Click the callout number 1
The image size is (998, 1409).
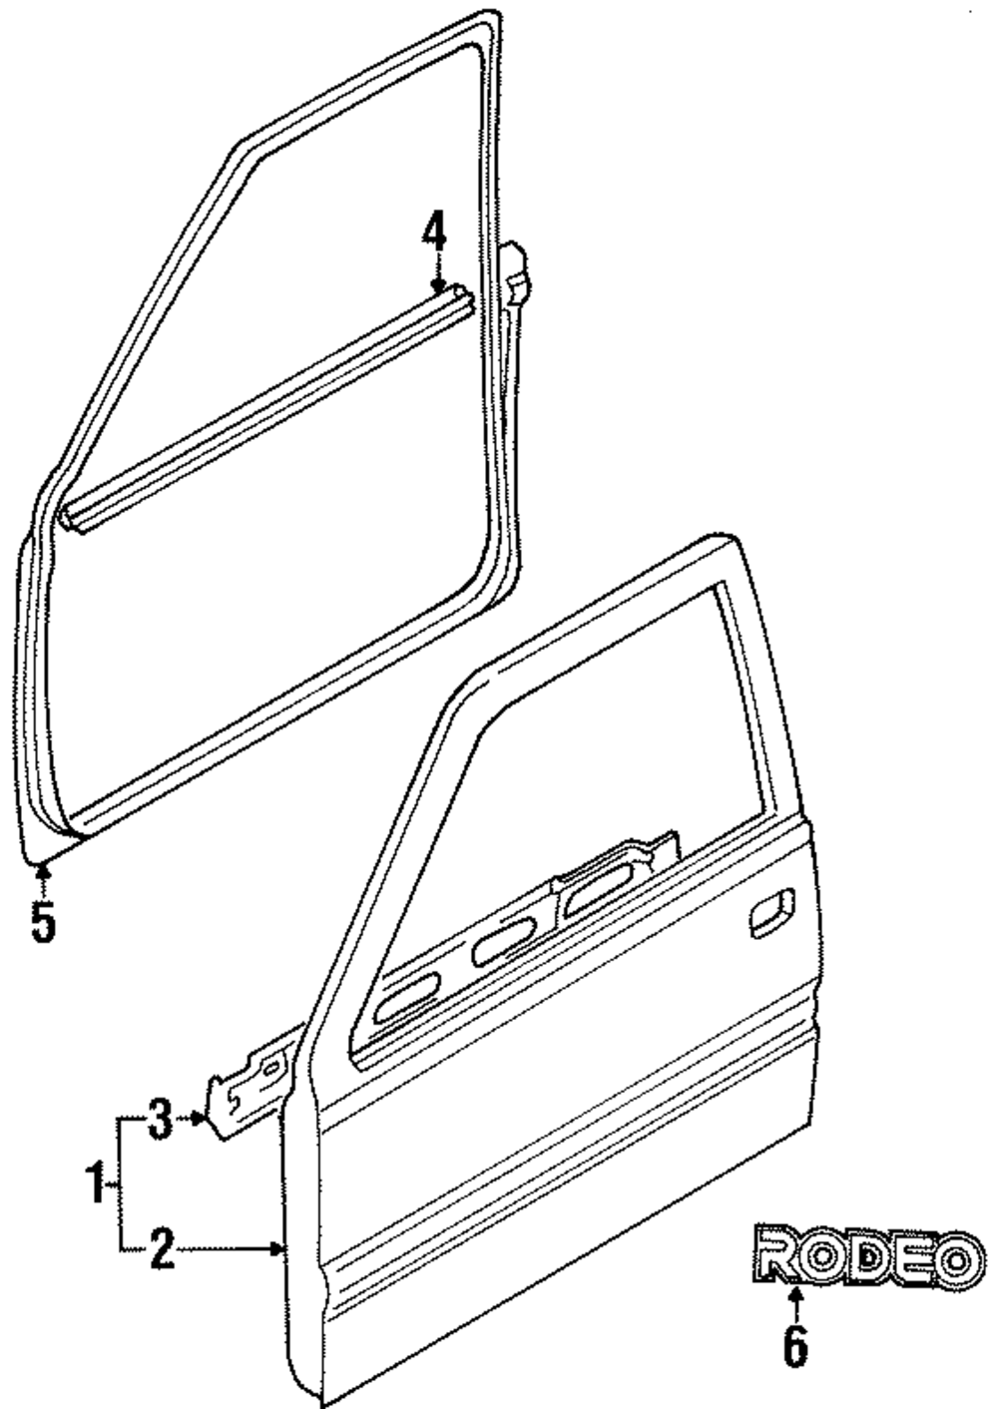pyautogui.click(x=97, y=1184)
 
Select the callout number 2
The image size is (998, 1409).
pyautogui.click(x=163, y=1249)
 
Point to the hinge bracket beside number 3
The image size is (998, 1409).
pyautogui.click(x=249, y=1090)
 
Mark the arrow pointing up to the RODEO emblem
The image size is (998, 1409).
pyautogui.click(x=794, y=1302)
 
